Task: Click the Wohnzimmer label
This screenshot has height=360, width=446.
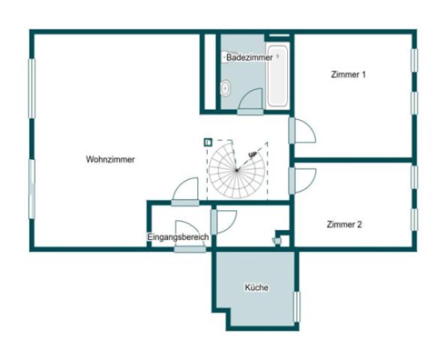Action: (x=110, y=159)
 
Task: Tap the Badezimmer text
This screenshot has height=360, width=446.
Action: (x=249, y=57)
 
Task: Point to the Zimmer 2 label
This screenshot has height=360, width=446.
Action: (x=345, y=223)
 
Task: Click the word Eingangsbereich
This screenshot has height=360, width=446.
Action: (x=178, y=237)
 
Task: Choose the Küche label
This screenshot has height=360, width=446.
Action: (x=256, y=287)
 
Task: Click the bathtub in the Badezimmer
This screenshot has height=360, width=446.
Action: (x=277, y=77)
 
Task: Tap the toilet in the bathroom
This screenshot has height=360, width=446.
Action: (x=225, y=88)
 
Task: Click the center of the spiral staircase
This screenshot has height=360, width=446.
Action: (x=236, y=170)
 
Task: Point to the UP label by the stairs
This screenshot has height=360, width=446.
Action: (x=253, y=154)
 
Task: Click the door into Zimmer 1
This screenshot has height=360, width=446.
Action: (x=303, y=131)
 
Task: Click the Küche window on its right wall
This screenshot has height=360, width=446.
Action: (x=297, y=306)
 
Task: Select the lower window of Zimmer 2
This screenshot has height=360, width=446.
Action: (x=413, y=219)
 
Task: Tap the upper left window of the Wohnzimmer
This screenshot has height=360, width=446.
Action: (x=32, y=88)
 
